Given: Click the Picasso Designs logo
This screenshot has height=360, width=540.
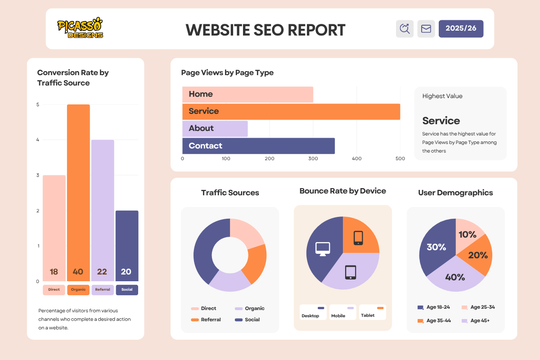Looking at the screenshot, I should pyautogui.click(x=80, y=28).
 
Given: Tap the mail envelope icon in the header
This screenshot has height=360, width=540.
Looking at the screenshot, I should pyautogui.click(x=426, y=29).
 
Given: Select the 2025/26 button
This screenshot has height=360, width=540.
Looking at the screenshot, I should pyautogui.click(x=461, y=28).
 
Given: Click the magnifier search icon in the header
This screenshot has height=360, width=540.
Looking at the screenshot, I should pyautogui.click(x=405, y=29).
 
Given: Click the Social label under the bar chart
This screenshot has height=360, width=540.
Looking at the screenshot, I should pyautogui.click(x=127, y=290).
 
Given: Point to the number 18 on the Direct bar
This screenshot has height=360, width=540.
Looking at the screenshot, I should pyautogui.click(x=54, y=272).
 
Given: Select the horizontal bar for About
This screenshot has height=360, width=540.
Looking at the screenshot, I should pyautogui.click(x=215, y=128).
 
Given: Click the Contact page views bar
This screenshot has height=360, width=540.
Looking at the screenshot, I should pyautogui.click(x=258, y=146).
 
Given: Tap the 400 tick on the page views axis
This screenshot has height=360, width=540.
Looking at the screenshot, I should pyautogui.click(x=356, y=158).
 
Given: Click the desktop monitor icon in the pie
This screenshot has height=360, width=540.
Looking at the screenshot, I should pyautogui.click(x=323, y=248).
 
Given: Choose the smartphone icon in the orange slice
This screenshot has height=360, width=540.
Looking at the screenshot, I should pyautogui.click(x=358, y=238).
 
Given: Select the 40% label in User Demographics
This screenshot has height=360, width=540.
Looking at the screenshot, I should pyautogui.click(x=455, y=277).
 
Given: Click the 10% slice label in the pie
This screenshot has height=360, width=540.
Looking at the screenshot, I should pyautogui.click(x=467, y=234).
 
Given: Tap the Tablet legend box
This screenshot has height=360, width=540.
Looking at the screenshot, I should pyautogui.click(x=373, y=312).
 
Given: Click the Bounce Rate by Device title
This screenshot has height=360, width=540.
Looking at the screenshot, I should pyautogui.click(x=342, y=191).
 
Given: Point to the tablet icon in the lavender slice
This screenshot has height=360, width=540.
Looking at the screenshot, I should pyautogui.click(x=351, y=272).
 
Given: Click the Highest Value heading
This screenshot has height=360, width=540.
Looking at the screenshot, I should pyautogui.click(x=442, y=96).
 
